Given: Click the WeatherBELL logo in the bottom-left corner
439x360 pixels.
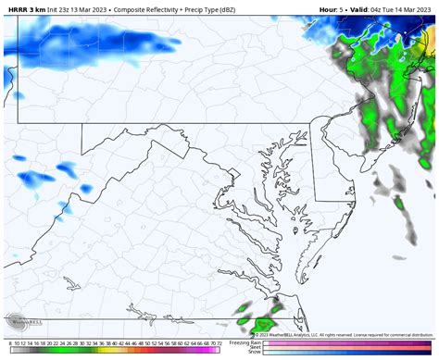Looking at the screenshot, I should coord(20,324).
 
